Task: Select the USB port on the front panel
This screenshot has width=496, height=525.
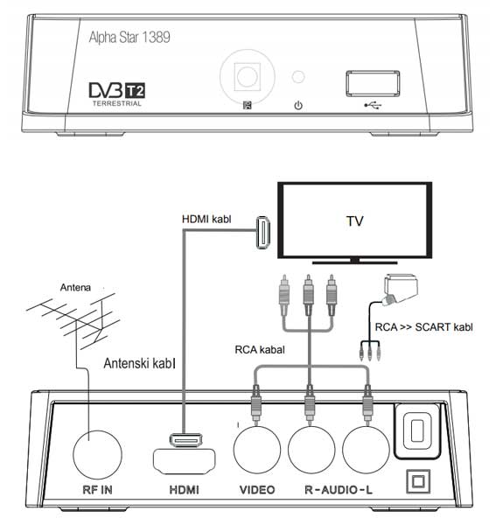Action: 370,82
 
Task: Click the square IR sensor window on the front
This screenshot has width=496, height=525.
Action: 248,76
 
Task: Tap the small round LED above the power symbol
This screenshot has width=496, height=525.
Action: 298,77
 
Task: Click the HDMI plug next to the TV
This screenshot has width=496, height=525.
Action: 262,234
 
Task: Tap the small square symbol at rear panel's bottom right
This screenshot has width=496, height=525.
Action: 415,481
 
